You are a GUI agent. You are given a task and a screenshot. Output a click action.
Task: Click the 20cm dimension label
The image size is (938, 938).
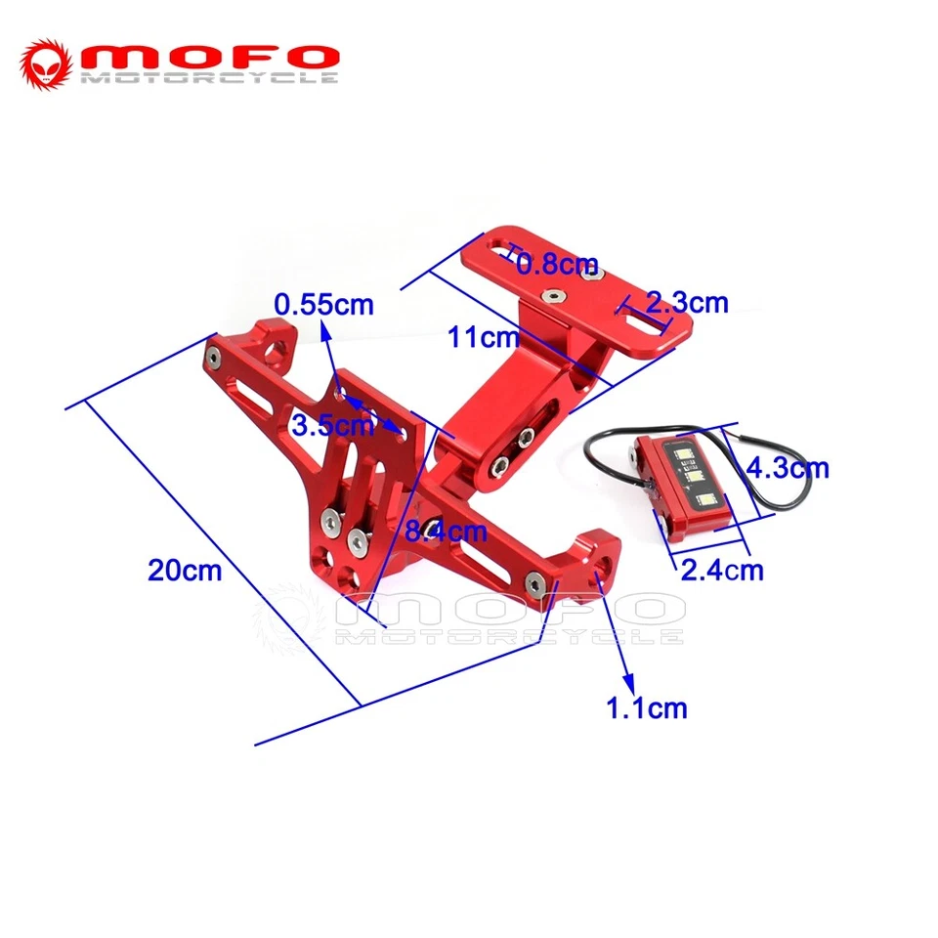coord(185,570)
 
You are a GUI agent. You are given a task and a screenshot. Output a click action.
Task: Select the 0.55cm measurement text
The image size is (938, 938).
coord(323,305)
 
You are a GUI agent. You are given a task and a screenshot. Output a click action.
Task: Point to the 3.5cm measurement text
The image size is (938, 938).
coord(332,424)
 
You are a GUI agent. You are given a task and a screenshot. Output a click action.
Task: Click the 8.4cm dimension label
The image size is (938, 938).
coord(445,533)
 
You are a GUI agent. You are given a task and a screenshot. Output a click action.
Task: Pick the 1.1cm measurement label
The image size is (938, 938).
coord(647,707)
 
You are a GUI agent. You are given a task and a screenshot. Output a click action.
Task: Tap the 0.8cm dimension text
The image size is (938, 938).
coord(557,263)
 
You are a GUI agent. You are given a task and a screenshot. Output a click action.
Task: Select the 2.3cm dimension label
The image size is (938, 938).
coord(688,302)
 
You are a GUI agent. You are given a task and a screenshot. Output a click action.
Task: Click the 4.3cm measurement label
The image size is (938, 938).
coord(787,468)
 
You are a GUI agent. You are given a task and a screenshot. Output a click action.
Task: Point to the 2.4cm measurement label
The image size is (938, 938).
coord(722,569)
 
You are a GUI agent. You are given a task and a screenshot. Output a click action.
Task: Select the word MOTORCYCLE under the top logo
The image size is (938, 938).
coord(209,77)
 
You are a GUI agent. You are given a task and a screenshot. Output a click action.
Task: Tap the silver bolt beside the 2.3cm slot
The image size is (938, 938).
coord(590,276)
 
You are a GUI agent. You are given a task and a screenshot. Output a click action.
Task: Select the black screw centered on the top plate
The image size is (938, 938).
coord(553,292)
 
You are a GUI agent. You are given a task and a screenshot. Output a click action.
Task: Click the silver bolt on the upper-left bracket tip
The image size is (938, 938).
coord(213,362)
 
